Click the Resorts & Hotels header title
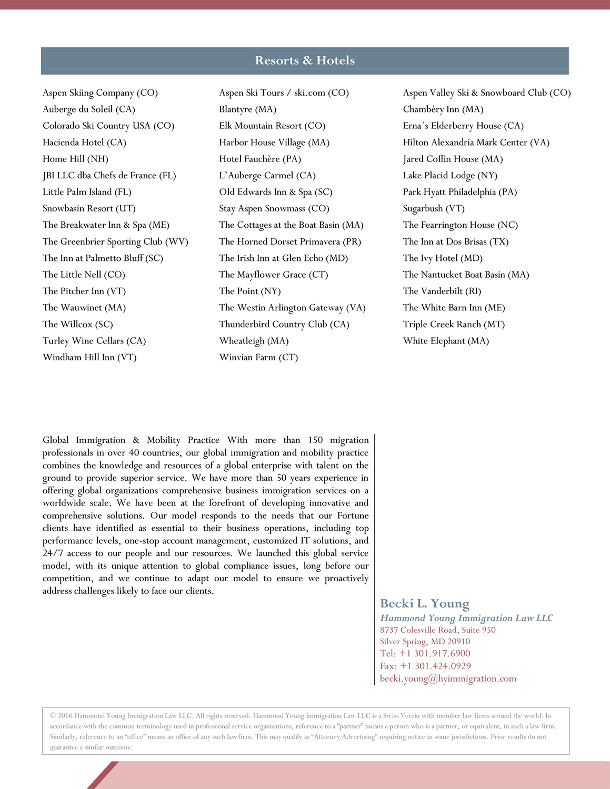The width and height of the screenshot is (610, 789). (305, 60)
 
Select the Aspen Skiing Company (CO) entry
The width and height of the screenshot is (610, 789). (100, 93)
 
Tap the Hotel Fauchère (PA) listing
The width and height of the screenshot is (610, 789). (260, 159)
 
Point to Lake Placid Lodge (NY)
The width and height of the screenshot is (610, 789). (450, 176)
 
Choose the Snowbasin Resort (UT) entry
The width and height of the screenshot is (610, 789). (89, 208)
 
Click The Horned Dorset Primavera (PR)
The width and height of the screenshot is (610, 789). (290, 241)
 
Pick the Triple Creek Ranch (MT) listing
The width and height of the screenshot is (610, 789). (454, 324)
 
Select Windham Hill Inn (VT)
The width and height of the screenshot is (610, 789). (89, 357)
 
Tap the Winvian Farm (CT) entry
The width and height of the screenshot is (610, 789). (258, 357)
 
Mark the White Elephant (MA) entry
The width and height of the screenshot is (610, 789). (446, 341)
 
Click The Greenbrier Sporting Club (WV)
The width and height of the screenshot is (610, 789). (115, 241)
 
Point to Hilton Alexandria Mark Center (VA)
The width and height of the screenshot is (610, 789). (476, 143)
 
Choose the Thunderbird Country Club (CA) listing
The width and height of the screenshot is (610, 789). (284, 324)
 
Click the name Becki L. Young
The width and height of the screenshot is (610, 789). (424, 603)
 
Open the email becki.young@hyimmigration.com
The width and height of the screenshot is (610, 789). (448, 679)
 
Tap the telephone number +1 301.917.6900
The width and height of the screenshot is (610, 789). (435, 653)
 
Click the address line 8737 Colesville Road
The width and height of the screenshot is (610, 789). (437, 630)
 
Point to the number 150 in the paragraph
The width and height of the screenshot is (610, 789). (315, 440)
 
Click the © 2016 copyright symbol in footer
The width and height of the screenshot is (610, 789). (53, 715)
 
